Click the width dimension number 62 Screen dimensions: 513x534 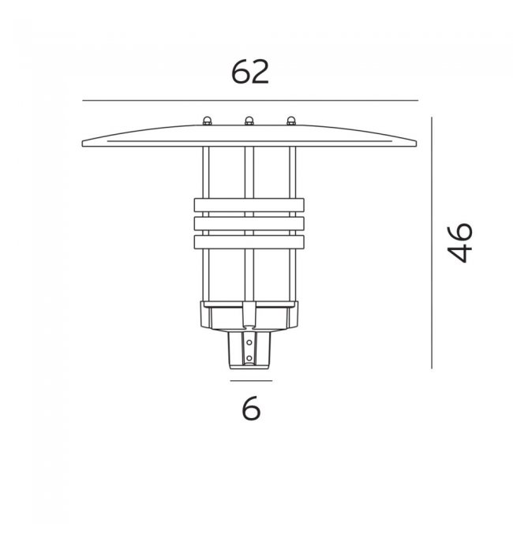point(250,72)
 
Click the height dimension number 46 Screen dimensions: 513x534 point(459,242)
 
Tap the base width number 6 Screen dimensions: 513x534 point(251,409)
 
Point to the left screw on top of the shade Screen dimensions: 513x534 point(207,121)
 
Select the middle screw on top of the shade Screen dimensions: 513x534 point(249,121)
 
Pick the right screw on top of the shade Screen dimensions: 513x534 point(291,121)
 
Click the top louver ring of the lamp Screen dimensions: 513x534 point(249,205)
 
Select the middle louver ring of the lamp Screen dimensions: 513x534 point(249,223)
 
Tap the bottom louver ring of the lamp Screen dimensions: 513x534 point(249,242)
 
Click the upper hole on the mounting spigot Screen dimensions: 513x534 point(249,342)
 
